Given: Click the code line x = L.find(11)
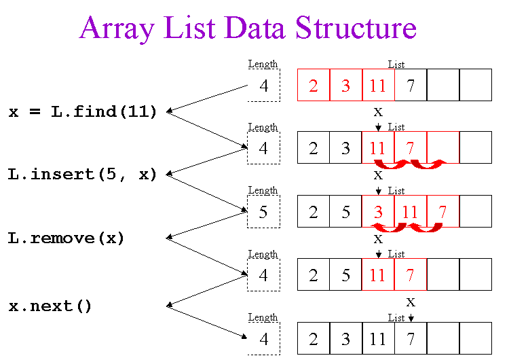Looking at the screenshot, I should click(x=83, y=112).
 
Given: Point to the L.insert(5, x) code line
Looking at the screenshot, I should click(x=83, y=175).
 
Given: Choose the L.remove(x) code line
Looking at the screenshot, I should click(x=67, y=238).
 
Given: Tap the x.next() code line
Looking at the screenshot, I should click(x=50, y=306).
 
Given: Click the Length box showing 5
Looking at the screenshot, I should click(x=263, y=212).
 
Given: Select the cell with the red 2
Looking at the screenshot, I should click(x=314, y=86).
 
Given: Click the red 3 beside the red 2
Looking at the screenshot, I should click(x=346, y=86).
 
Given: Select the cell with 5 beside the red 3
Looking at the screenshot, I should click(x=346, y=212).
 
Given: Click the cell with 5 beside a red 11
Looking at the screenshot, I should click(x=346, y=276).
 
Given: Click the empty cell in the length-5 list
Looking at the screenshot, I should click(x=476, y=212).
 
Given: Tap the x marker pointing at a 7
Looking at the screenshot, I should click(x=411, y=302).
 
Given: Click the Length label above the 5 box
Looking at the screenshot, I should click(x=263, y=191).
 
